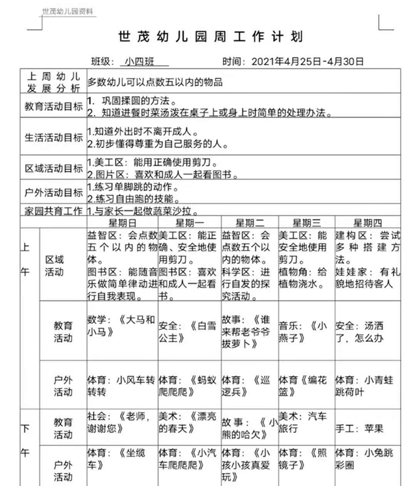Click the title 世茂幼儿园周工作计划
pos(210,37)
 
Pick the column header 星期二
pos(249,223)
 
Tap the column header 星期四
pos(367,223)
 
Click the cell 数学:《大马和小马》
pos(121,326)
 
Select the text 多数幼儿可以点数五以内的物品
pos(155,81)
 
